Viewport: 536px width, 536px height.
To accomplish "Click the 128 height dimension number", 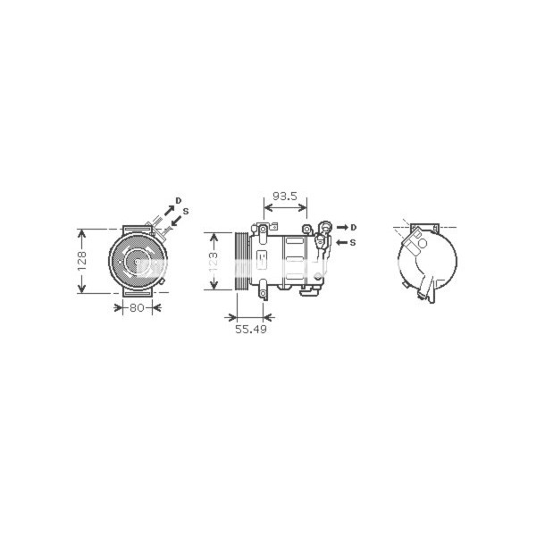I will [80, 260].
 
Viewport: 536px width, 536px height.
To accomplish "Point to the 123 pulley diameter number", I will [213, 260].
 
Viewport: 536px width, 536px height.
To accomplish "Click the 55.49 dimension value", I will [251, 329].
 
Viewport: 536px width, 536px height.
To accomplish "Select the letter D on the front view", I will [178, 200].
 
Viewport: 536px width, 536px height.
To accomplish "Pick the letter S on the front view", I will [186, 211].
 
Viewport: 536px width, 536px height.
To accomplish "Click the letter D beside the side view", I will [354, 228].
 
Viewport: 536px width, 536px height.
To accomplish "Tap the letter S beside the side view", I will [354, 242].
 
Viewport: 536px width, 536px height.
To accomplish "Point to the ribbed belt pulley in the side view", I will [240, 260].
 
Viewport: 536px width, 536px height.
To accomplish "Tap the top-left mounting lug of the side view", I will [264, 230].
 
